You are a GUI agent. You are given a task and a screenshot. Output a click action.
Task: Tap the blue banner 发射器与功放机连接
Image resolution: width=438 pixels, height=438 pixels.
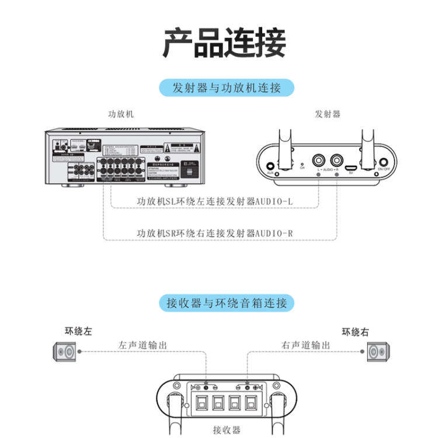(x=227, y=89)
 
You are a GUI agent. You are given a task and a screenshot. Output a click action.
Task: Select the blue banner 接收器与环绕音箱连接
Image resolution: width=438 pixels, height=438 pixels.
(x=227, y=303)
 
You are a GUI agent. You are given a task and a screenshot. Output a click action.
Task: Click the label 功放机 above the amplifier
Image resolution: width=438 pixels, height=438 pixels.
(x=121, y=114)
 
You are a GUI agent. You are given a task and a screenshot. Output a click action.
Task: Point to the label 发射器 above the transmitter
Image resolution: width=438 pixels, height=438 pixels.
(x=327, y=114)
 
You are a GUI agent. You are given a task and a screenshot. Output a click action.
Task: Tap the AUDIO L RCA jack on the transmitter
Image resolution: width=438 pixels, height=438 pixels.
(x=319, y=159)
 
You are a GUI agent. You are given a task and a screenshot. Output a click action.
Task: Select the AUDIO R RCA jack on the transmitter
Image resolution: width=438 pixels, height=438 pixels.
(x=337, y=159)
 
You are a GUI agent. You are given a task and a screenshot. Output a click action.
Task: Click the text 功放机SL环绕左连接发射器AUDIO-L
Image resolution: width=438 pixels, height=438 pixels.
(x=214, y=201)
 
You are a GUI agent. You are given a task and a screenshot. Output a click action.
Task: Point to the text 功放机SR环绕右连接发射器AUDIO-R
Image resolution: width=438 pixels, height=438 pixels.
(x=214, y=233)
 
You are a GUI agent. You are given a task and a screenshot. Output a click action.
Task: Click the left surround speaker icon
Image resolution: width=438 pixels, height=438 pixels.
(x=65, y=352)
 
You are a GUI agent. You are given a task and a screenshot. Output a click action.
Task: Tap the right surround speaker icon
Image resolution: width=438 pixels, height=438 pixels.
(x=377, y=352)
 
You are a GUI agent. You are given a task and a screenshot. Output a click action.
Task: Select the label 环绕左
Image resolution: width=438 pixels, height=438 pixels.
(x=78, y=332)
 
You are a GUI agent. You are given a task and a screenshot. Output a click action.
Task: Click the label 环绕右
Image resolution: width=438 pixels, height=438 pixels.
(x=355, y=332)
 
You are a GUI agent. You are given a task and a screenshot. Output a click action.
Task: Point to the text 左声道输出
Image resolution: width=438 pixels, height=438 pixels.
(x=142, y=345)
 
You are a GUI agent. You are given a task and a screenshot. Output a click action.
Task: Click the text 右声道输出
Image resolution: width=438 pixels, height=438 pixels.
(x=305, y=345)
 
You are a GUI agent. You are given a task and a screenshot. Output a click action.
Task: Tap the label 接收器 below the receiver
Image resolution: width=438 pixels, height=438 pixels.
(x=227, y=430)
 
